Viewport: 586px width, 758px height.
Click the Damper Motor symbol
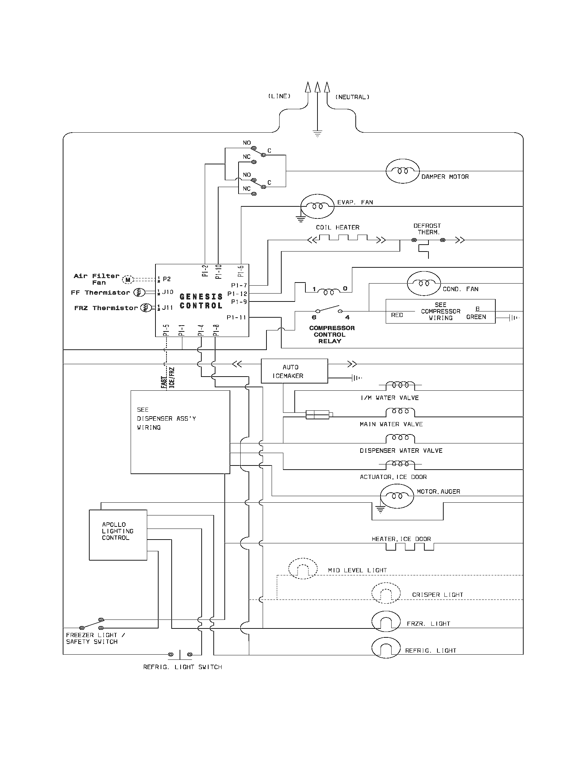(x=402, y=171)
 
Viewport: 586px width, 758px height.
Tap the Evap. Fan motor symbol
(x=317, y=206)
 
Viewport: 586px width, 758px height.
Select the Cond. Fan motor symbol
(x=424, y=283)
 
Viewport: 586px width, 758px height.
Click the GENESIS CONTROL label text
(x=201, y=301)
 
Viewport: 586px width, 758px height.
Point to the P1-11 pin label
(x=236, y=317)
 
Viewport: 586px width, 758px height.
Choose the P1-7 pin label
(x=239, y=285)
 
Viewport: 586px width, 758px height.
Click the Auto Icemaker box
(x=294, y=371)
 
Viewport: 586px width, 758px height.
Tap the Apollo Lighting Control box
(x=118, y=535)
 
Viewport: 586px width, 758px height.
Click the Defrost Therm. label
(x=427, y=229)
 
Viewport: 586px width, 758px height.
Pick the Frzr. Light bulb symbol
(x=386, y=621)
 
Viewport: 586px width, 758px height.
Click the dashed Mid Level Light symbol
(x=303, y=568)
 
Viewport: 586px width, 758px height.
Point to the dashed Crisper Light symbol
(x=386, y=593)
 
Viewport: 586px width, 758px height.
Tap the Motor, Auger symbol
(x=397, y=496)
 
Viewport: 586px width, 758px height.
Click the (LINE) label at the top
(x=279, y=96)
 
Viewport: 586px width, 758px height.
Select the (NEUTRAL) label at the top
(x=352, y=97)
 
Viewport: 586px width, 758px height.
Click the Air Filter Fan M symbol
(x=128, y=279)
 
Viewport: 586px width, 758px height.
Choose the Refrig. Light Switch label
(x=183, y=667)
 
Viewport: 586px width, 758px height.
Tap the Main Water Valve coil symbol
(x=400, y=412)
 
